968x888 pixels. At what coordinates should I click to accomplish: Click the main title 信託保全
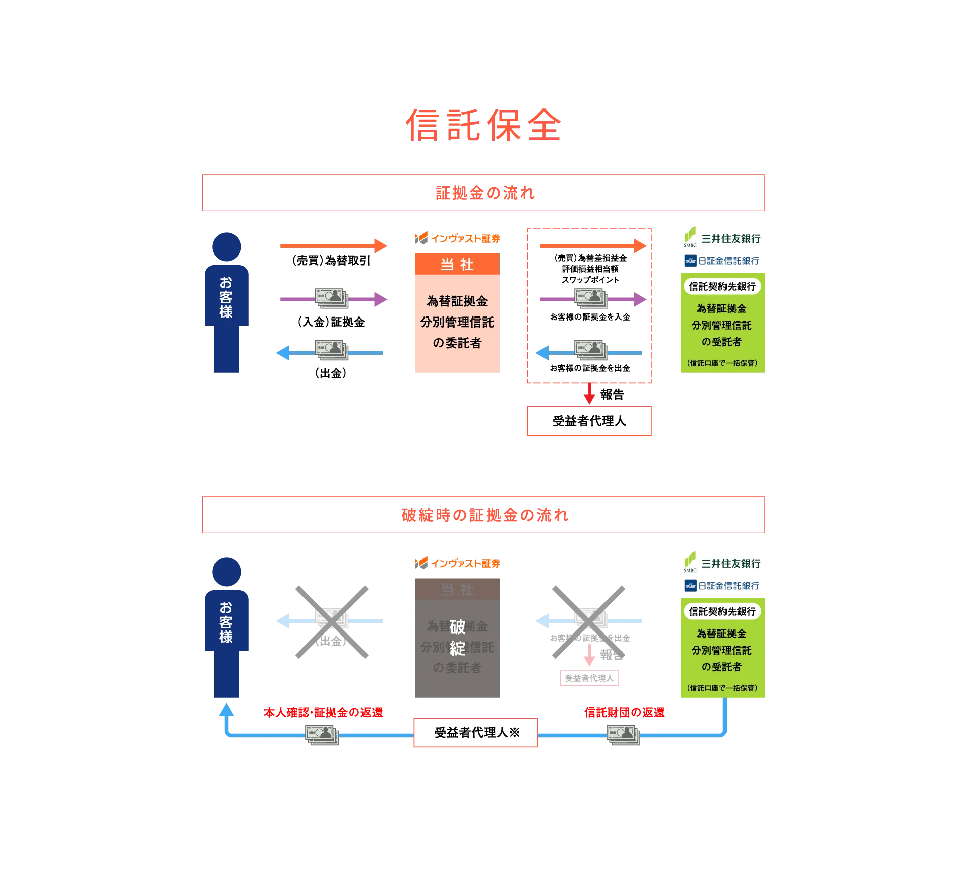coord(483,124)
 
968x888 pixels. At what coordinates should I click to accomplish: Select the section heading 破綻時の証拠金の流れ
coord(484,515)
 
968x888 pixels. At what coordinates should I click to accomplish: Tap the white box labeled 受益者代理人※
coord(476,733)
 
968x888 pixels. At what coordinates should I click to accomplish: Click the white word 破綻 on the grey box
coord(457,638)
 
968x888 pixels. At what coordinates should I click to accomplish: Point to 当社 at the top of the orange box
coord(457,265)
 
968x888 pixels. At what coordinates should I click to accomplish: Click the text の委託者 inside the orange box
coord(457,343)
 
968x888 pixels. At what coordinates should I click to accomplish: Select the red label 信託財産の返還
coord(624,712)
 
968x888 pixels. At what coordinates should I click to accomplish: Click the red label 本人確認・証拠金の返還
coord(323,712)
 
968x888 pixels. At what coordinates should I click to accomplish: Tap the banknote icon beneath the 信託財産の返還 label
coord(623,734)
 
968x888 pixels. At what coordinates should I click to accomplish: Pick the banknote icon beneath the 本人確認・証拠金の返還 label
coord(322,734)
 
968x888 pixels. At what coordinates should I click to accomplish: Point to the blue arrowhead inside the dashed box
coord(541,352)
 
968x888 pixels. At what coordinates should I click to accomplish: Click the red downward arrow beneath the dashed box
coord(589,395)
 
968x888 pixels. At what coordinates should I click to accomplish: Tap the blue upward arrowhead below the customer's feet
coord(227,710)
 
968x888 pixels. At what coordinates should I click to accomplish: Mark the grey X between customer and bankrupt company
coord(332,623)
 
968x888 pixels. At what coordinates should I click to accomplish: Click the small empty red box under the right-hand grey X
coord(589,679)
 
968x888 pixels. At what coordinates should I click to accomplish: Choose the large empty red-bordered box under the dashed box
coord(589,420)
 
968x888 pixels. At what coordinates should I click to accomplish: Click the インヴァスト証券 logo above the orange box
coord(457,238)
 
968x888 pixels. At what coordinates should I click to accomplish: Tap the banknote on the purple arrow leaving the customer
coord(332,298)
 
